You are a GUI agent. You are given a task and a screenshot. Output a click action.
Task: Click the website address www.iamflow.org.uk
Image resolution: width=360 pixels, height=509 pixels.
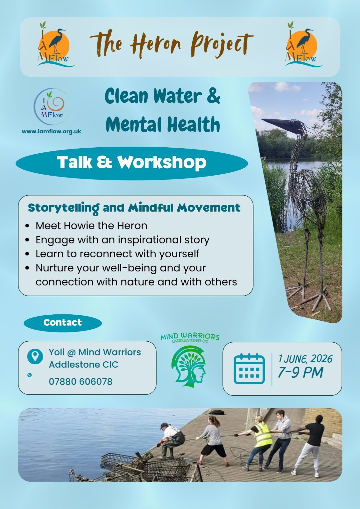[51, 131]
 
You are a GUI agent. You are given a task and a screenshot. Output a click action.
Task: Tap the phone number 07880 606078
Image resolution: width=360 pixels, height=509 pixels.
[81, 381]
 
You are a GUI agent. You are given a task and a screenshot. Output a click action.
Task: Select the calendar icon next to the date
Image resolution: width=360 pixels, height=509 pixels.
[249, 369]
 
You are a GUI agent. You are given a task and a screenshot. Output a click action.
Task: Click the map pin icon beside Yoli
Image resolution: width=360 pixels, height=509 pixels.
[35, 357]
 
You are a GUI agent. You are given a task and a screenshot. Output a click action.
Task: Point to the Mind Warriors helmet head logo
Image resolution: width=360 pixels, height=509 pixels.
[188, 366]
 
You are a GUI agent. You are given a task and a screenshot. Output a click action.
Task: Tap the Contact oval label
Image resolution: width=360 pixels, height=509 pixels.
[62, 323]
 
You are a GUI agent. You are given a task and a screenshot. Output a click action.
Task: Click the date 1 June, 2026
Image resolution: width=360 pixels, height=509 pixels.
[305, 359]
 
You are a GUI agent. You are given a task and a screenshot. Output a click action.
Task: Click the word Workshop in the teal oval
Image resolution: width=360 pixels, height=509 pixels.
[162, 162]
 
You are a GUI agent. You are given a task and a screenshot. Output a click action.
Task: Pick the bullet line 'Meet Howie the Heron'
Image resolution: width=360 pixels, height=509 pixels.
[91, 226]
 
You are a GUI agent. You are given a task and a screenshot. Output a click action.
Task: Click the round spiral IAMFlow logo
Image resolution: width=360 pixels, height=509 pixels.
[52, 106]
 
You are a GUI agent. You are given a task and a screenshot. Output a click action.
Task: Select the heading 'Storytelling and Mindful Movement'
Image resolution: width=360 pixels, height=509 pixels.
[134, 208]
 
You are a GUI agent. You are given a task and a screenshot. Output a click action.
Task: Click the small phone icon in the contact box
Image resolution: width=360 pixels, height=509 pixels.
[29, 375]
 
